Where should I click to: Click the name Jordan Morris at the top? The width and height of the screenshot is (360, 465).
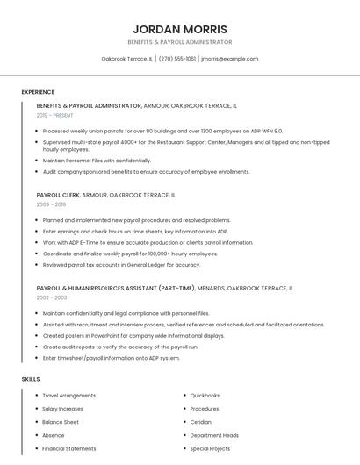179,29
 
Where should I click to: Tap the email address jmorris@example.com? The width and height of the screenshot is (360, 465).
230,59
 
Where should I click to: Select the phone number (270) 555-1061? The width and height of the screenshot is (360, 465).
177,59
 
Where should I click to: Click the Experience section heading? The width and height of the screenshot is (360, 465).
38,92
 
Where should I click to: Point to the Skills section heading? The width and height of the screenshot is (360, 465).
31,379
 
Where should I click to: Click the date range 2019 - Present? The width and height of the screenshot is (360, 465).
54,115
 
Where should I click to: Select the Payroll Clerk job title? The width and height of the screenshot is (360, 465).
58,195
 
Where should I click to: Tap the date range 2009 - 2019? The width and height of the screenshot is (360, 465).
51,204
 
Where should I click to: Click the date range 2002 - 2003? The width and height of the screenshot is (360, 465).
51,297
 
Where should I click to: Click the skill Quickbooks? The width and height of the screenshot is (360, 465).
205,396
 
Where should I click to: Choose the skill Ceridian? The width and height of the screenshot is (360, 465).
202,422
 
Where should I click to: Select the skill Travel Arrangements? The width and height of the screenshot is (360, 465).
68,396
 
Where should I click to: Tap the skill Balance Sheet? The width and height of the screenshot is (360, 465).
61,422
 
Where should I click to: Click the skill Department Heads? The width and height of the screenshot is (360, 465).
214,435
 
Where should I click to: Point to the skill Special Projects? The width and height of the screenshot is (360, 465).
210,448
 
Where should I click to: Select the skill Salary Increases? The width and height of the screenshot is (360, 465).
63,409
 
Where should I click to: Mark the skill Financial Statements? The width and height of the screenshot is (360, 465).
69,448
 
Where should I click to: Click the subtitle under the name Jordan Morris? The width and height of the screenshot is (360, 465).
179,42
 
